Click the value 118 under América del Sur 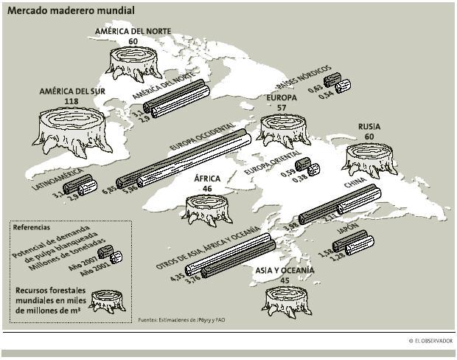pyautogui.click(x=71, y=101)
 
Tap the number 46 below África pyautogui.click(x=207, y=189)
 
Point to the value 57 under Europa pyautogui.click(x=281, y=108)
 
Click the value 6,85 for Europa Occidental pyautogui.click(x=110, y=190)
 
